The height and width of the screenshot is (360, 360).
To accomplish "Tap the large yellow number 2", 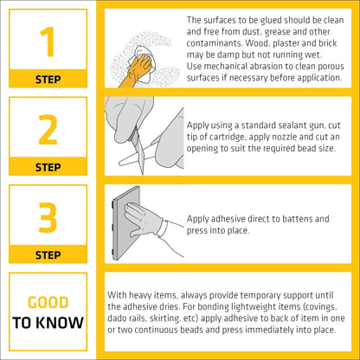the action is tap(48, 130).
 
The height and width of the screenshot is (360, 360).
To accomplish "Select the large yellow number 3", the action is tap(48, 217).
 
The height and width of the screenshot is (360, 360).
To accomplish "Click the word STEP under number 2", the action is tap(48, 167).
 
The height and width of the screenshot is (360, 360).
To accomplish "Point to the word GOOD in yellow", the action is tap(48, 302).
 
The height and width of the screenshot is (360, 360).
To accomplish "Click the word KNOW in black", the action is tap(61, 323).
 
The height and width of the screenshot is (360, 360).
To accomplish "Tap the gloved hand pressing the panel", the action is tap(145, 220).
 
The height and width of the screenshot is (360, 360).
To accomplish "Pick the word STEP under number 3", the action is tap(48, 255).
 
